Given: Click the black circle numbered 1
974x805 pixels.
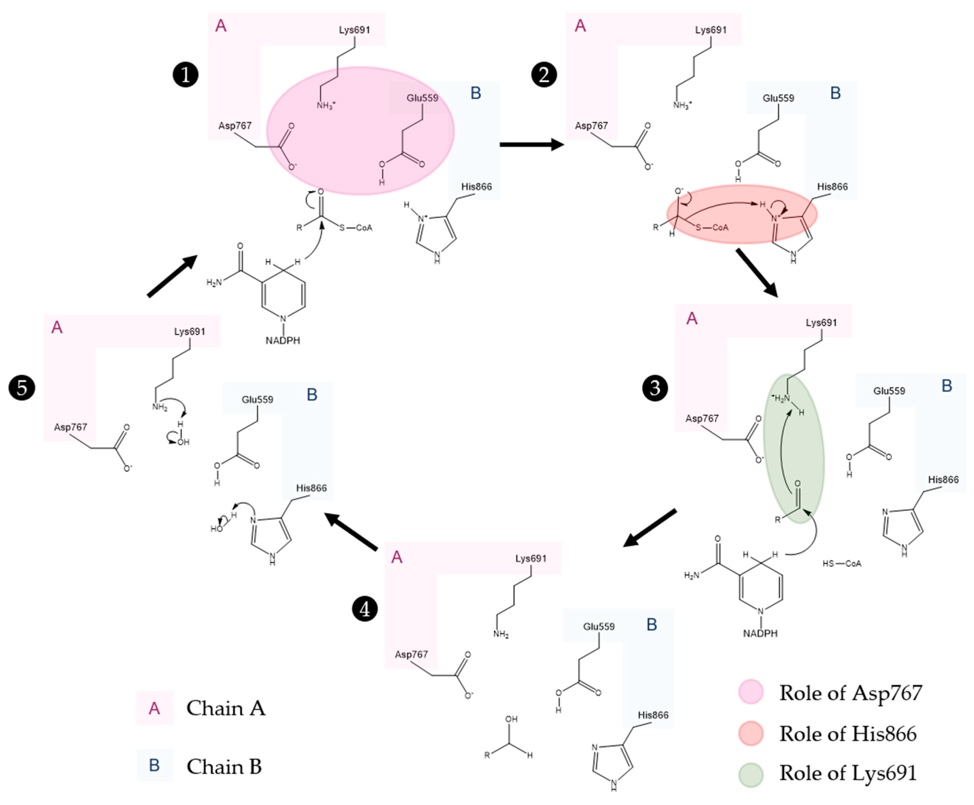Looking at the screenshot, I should (x=185, y=75).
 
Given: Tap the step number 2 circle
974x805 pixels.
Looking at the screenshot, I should (x=544, y=75).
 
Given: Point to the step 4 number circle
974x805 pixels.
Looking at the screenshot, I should (x=365, y=609).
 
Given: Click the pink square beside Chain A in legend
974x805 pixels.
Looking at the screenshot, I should (x=154, y=708).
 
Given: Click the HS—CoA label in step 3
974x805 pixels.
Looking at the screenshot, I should (x=842, y=564).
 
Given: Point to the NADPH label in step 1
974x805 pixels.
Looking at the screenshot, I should (x=283, y=341).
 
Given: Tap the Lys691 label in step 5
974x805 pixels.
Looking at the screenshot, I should (x=190, y=331).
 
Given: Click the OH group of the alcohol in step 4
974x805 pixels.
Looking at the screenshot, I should (x=511, y=719).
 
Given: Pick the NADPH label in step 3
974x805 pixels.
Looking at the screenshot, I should (x=760, y=634).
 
